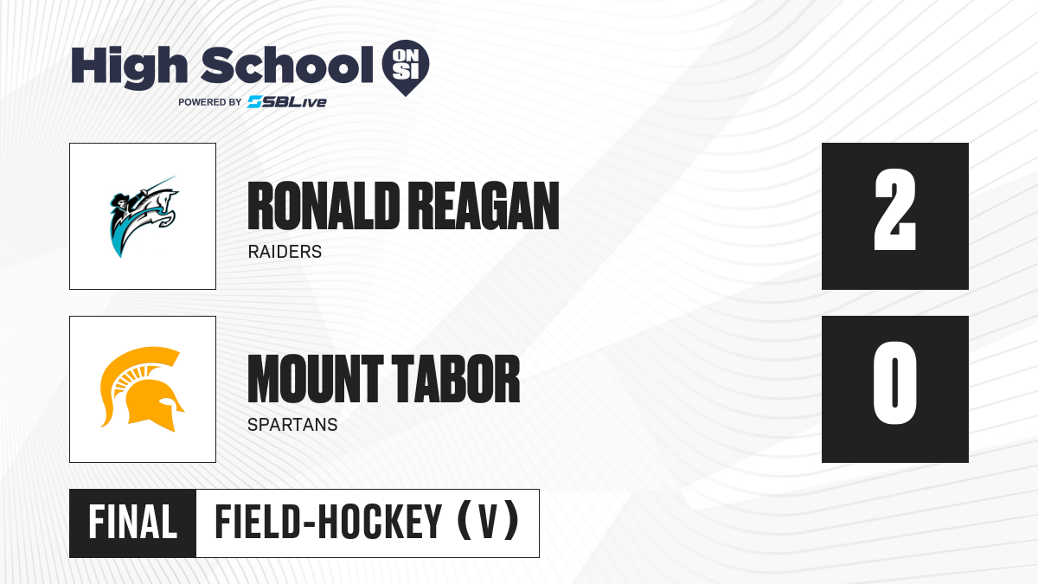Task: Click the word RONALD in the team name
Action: coord(324,206)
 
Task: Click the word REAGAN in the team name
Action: coord(484,206)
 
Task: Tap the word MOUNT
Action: coord(316,379)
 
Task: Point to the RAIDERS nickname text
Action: coord(285,252)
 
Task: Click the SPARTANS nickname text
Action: coord(292,425)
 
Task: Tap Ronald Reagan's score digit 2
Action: coord(894,209)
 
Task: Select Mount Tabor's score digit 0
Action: coord(894,382)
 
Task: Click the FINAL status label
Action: coord(132,523)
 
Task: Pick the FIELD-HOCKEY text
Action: coord(328,523)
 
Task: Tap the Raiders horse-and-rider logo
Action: coord(144,216)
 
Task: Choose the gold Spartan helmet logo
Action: coord(142,389)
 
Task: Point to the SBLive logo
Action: coord(286,102)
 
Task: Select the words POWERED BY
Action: coord(210,102)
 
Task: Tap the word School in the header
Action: coord(287,66)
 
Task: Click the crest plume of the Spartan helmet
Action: coord(134,366)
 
